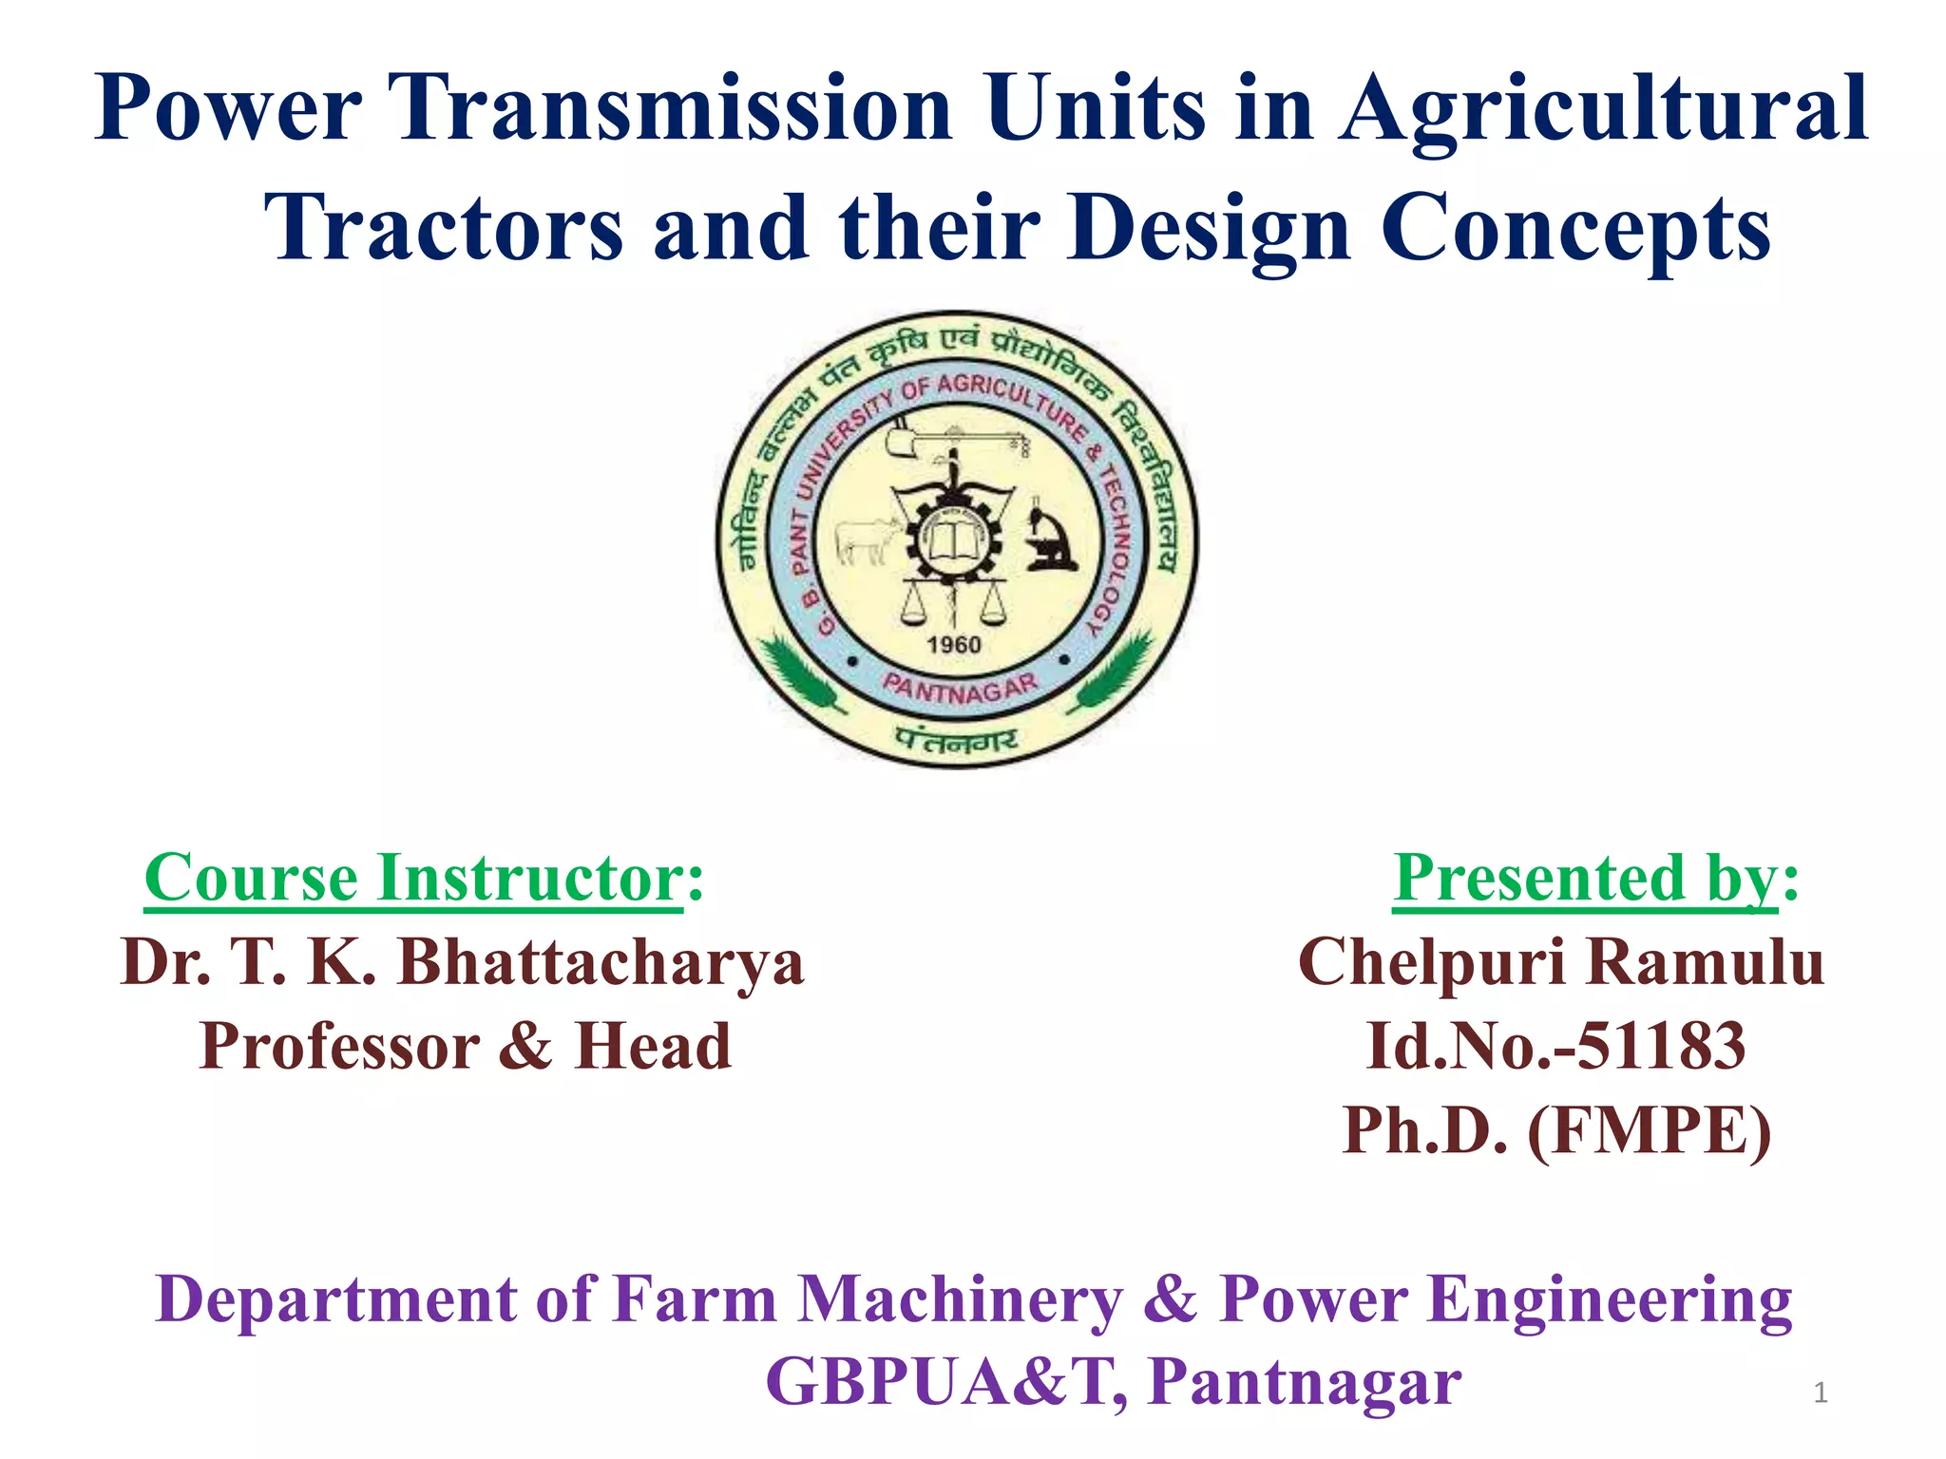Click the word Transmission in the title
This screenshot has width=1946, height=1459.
[x=674, y=109]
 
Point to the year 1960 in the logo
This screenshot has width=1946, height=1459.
[x=953, y=645]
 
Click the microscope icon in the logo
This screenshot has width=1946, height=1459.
[x=1051, y=539]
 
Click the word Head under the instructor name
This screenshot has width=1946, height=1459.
[x=654, y=1047]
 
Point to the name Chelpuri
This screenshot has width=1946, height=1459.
[x=1431, y=962]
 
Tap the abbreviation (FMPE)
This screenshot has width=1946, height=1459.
[x=1649, y=1130]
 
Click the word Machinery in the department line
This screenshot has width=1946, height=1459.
[x=960, y=1299]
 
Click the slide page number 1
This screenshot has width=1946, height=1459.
[x=1820, y=1393]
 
